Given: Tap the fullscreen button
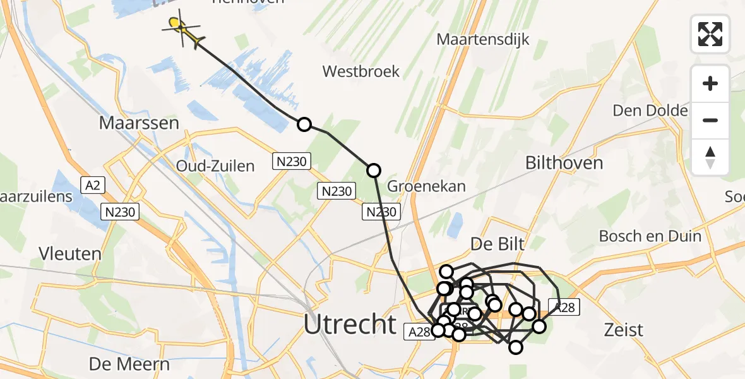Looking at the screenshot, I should pyautogui.click(x=710, y=34).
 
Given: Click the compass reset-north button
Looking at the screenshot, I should pyautogui.click(x=710, y=157).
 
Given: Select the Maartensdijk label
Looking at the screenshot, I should pyautogui.click(x=484, y=40).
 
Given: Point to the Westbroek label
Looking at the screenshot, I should pyautogui.click(x=361, y=71).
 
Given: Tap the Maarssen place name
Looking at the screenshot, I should pyautogui.click(x=139, y=123).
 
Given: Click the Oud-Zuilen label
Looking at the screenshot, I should pyautogui.click(x=215, y=167).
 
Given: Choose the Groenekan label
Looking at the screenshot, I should pyautogui.click(x=426, y=186).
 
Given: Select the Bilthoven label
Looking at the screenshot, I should pyautogui.click(x=564, y=163).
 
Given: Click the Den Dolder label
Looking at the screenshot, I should pyautogui.click(x=650, y=111).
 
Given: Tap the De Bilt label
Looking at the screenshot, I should pyautogui.click(x=498, y=244).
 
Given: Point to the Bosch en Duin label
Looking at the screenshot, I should pyautogui.click(x=650, y=236).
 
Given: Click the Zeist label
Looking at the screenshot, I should pyautogui.click(x=623, y=330).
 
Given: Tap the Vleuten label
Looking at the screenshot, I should pyautogui.click(x=69, y=255).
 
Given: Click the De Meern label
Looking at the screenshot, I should pyautogui.click(x=129, y=364).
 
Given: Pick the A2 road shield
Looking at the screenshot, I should pyautogui.click(x=92, y=184).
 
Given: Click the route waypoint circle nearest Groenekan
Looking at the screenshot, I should pyautogui.click(x=374, y=170).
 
